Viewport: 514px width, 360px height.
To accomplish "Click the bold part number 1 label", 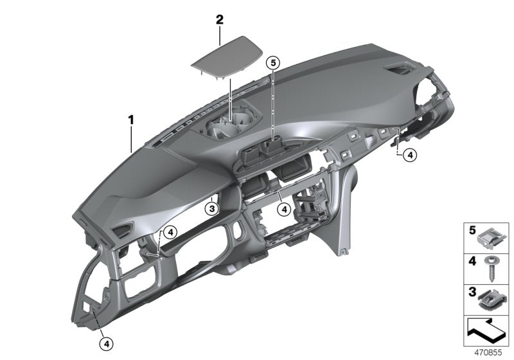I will pyautogui.click(x=130, y=119).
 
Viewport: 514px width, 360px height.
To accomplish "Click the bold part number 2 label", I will pyautogui.click(x=220, y=20).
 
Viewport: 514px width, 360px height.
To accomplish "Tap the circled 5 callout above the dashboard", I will pyautogui.click(x=272, y=62).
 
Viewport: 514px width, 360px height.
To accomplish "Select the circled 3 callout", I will pyautogui.click(x=211, y=208).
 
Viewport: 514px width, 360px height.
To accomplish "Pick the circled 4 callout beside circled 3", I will pyautogui.click(x=283, y=208).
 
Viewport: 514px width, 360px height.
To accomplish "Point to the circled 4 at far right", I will pyautogui.click(x=409, y=154).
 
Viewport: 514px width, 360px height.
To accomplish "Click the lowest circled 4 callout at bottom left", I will pyautogui.click(x=105, y=343).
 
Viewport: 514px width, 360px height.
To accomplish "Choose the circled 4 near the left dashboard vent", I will pyautogui.click(x=169, y=233).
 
